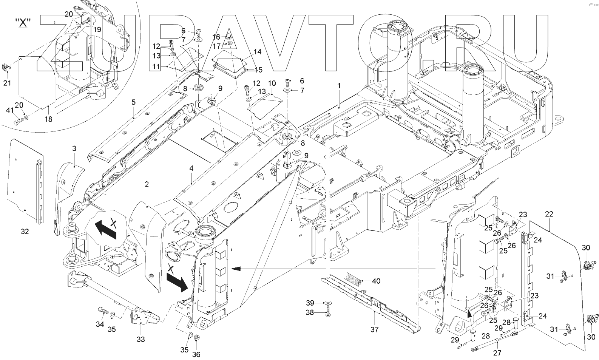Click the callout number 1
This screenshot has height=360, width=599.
tap(339, 86)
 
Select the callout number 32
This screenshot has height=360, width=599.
tap(25, 232)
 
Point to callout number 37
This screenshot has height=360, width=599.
tap(374, 329)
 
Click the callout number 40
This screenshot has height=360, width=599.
tap(376, 281)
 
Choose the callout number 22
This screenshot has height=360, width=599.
tap(549, 214)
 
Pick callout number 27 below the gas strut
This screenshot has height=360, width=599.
tap(497, 353)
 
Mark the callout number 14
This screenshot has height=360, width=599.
tap(258, 52)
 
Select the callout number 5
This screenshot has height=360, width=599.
tap(133, 102)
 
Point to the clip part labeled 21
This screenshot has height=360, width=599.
tap(8, 68)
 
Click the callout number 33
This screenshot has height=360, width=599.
tap(140, 339)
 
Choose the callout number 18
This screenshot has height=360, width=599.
tap(48, 119)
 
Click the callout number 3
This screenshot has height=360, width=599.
tap(74, 148)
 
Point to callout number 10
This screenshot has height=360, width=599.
tap(272, 83)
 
